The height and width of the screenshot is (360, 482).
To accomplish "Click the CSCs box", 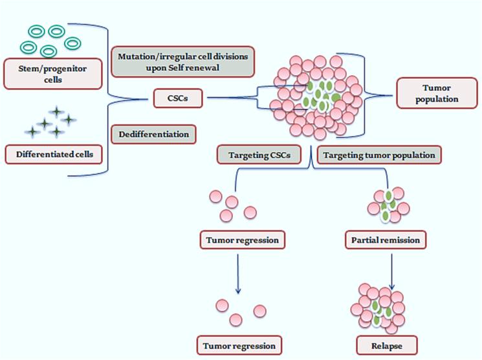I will click(180, 99).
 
